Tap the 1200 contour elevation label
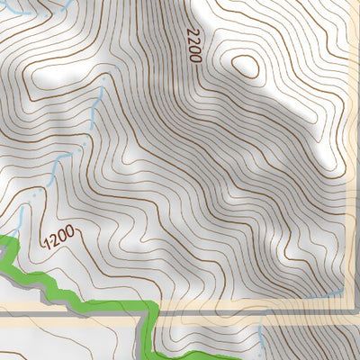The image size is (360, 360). point(57,238)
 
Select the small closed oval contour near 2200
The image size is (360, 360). point(243,67)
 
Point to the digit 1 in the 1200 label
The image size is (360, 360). point(46,246)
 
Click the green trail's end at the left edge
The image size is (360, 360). point(4,240)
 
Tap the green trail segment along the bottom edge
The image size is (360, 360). point(225,353)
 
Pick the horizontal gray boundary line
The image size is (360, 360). point(72,315)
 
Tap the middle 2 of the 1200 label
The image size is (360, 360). point(53,240)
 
